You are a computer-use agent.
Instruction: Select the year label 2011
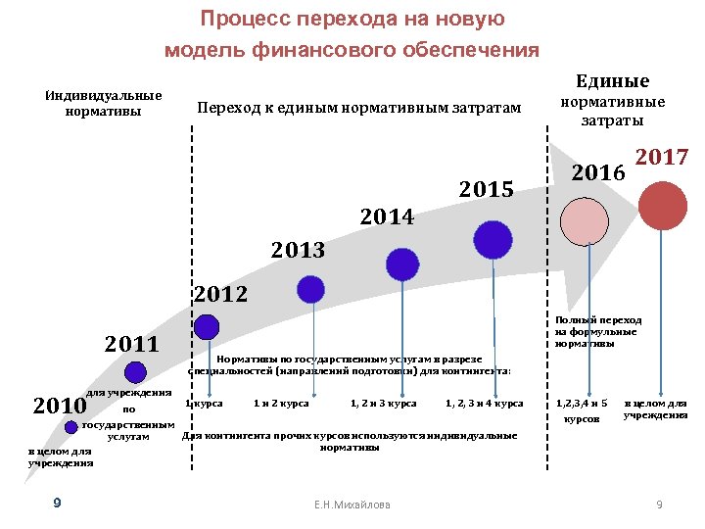pyautogui.click(x=132, y=344)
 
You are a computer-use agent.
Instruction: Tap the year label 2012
pyautogui.click(x=221, y=293)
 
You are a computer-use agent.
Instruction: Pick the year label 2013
pyautogui.click(x=299, y=251)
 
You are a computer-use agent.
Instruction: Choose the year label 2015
pyautogui.click(x=487, y=189)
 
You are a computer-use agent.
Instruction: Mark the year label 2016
pyautogui.click(x=598, y=172)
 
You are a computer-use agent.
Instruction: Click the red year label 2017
pyautogui.click(x=663, y=157)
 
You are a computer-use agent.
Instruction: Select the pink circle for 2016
pyautogui.click(x=590, y=221)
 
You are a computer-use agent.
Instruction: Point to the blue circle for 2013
pyautogui.click(x=311, y=289)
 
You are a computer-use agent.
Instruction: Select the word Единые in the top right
pyautogui.click(x=612, y=81)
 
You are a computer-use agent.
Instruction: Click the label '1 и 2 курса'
pyautogui.click(x=281, y=403)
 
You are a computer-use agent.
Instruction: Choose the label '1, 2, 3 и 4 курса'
pyautogui.click(x=484, y=403)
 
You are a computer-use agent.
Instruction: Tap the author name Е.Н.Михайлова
pyautogui.click(x=352, y=505)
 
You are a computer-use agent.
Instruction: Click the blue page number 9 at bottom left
pyautogui.click(x=58, y=503)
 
